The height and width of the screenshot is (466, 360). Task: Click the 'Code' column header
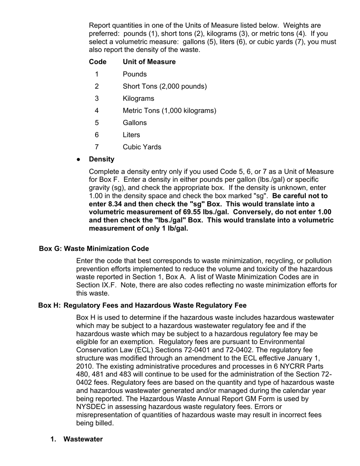(97, 62)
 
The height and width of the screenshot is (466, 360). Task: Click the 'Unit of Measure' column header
(149, 62)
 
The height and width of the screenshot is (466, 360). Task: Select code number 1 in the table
(97, 74)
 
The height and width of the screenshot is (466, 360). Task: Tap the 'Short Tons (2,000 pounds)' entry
(164, 86)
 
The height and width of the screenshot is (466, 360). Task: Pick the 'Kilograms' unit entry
(138, 99)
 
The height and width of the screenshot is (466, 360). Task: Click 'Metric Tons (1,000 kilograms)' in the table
(169, 111)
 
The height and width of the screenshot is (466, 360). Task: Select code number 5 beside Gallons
(97, 123)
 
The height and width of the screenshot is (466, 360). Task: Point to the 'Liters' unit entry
(131, 135)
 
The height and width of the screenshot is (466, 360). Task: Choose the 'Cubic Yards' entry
(142, 147)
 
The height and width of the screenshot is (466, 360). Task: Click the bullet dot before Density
(78, 160)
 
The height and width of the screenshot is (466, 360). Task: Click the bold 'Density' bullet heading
(102, 159)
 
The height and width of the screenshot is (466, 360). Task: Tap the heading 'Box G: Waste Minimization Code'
(94, 249)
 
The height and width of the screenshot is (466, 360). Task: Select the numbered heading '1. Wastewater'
(77, 439)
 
